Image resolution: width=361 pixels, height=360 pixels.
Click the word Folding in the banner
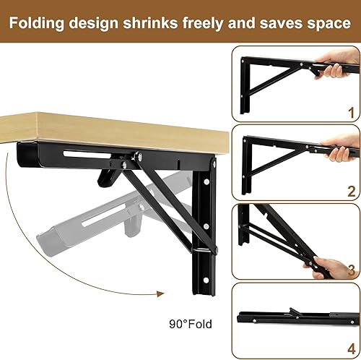pyautogui.click(x=37, y=24)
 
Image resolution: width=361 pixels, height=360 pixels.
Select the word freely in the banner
pyautogui.click(x=203, y=24)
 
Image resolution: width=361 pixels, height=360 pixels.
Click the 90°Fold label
pyautogui.click(x=191, y=324)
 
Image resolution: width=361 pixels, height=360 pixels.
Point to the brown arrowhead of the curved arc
pyautogui.click(x=160, y=293)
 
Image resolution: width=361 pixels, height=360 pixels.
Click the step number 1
pyautogui.click(x=352, y=113)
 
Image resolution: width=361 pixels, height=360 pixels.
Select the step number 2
pyautogui.click(x=352, y=192)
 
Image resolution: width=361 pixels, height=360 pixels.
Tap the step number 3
pyautogui.click(x=352, y=270)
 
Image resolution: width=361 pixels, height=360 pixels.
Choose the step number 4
pyautogui.click(x=352, y=349)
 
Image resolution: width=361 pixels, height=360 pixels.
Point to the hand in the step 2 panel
pyautogui.click(x=342, y=146)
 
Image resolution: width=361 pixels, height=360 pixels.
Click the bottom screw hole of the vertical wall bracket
pyautogui.click(x=206, y=280)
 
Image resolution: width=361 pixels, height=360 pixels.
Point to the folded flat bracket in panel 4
pyautogui.click(x=298, y=317)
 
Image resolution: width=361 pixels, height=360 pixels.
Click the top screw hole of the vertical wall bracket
pyautogui.click(x=206, y=181)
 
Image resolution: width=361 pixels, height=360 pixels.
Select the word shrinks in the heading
pyautogui.click(x=150, y=24)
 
